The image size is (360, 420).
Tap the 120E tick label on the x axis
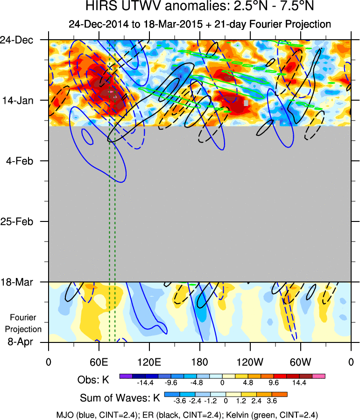point(149,362)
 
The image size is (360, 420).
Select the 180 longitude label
point(199,362)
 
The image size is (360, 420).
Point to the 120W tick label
point(250,362)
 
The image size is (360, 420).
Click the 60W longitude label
point(300,362)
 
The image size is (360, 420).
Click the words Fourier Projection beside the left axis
point(26,323)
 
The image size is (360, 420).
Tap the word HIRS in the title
point(99,7)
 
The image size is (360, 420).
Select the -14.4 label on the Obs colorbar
point(145,383)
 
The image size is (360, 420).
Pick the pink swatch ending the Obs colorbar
point(318,376)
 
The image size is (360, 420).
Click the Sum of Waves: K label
point(120,398)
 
